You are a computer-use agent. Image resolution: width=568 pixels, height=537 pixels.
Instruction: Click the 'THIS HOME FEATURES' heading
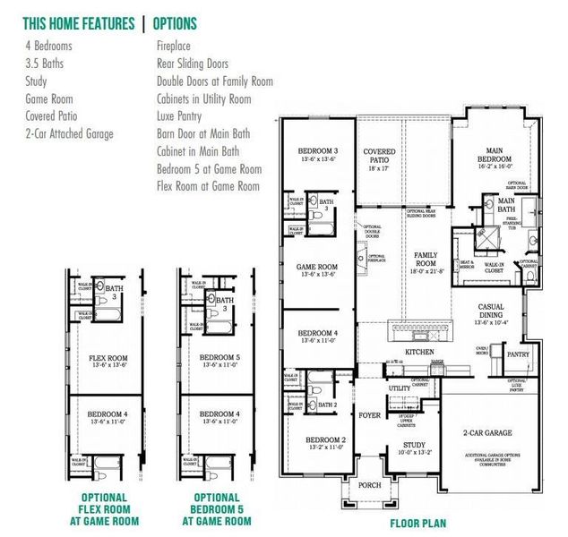click(78, 23)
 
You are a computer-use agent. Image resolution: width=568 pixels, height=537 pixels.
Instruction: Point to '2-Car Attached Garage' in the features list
click(70, 133)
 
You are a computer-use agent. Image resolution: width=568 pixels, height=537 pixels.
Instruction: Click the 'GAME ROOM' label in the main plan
click(317, 267)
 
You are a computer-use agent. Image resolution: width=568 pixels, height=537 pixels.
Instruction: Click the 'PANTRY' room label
click(518, 354)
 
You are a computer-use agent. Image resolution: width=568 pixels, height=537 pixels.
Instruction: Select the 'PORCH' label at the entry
click(369, 485)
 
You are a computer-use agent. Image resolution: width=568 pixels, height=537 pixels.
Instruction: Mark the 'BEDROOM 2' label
click(325, 440)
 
